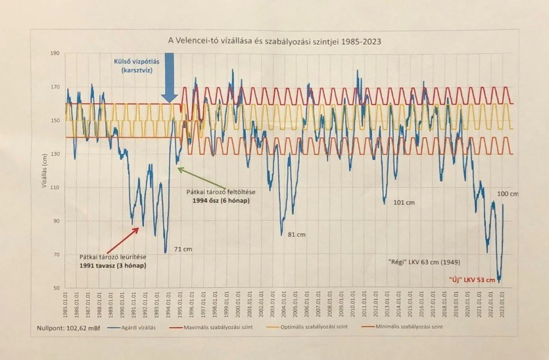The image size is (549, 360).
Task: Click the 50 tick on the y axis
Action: pyautogui.click(x=55, y=288)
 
